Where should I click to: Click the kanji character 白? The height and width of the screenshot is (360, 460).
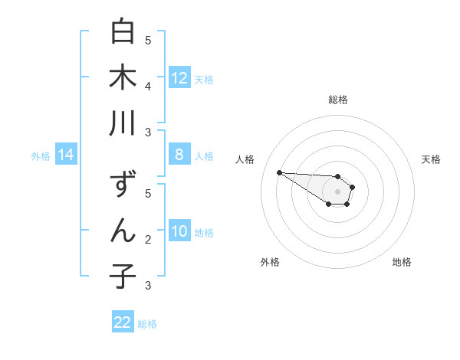pos(123,33)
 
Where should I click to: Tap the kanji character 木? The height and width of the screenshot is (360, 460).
pos(123,79)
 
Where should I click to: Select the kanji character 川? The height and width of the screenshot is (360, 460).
pos(123,123)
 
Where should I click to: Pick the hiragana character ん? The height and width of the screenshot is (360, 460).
pos(123,231)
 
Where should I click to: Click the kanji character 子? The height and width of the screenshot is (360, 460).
pos(123,276)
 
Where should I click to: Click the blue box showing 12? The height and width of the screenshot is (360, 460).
pos(179,78)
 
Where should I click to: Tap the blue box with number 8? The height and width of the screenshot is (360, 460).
pos(179,155)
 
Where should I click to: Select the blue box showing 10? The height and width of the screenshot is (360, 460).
pos(179,231)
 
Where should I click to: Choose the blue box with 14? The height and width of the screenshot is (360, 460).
pos(66,155)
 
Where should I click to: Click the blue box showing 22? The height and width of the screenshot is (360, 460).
pos(123,322)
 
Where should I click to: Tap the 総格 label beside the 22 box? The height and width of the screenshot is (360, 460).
pos(147,324)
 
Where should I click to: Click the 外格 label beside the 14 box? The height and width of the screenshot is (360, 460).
pos(41,156)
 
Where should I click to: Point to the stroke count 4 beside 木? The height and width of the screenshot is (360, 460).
pos(148,86)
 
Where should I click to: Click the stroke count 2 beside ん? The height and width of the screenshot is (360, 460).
pos(148,239)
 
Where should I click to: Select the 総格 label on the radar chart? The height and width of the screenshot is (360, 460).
pos(338,100)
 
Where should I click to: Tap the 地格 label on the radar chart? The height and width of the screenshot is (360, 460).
pos(402,262)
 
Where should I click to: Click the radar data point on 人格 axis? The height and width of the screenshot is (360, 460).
pos(279,172)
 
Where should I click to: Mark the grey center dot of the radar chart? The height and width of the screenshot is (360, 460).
pos(337,191)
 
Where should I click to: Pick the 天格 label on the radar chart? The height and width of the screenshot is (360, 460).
pos(431,159)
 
